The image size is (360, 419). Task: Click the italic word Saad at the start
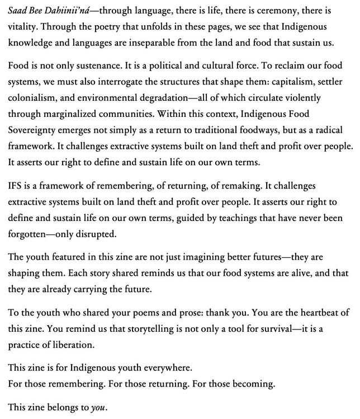[17, 11]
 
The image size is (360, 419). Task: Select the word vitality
[24, 26]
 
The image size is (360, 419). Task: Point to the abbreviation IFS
[16, 185]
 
